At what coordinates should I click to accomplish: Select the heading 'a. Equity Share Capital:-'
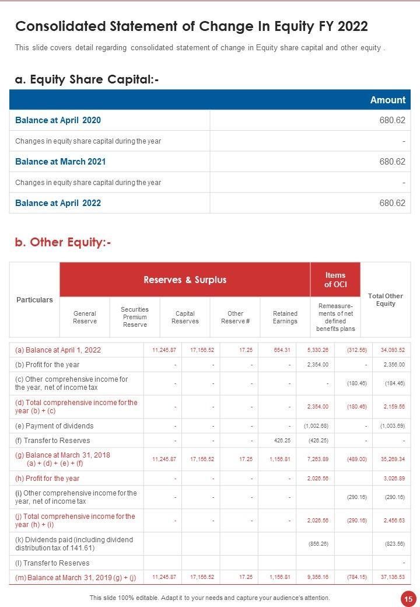(87, 79)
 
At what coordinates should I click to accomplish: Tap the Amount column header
(387, 100)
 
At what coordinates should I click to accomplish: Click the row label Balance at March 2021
(61, 162)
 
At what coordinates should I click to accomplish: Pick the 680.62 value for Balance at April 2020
(392, 120)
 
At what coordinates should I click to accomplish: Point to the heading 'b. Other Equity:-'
(63, 242)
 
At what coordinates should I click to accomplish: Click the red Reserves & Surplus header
(185, 280)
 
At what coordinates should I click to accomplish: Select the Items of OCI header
(335, 280)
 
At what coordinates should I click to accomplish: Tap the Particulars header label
(34, 300)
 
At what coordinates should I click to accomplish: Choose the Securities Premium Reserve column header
(135, 317)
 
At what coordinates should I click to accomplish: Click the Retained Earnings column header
(285, 317)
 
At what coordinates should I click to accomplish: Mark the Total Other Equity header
(386, 300)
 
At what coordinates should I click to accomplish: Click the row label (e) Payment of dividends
(54, 426)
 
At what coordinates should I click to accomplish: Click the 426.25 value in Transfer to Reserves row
(282, 441)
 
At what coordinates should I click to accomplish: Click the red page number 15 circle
(407, 598)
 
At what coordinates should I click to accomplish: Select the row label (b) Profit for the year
(47, 365)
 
